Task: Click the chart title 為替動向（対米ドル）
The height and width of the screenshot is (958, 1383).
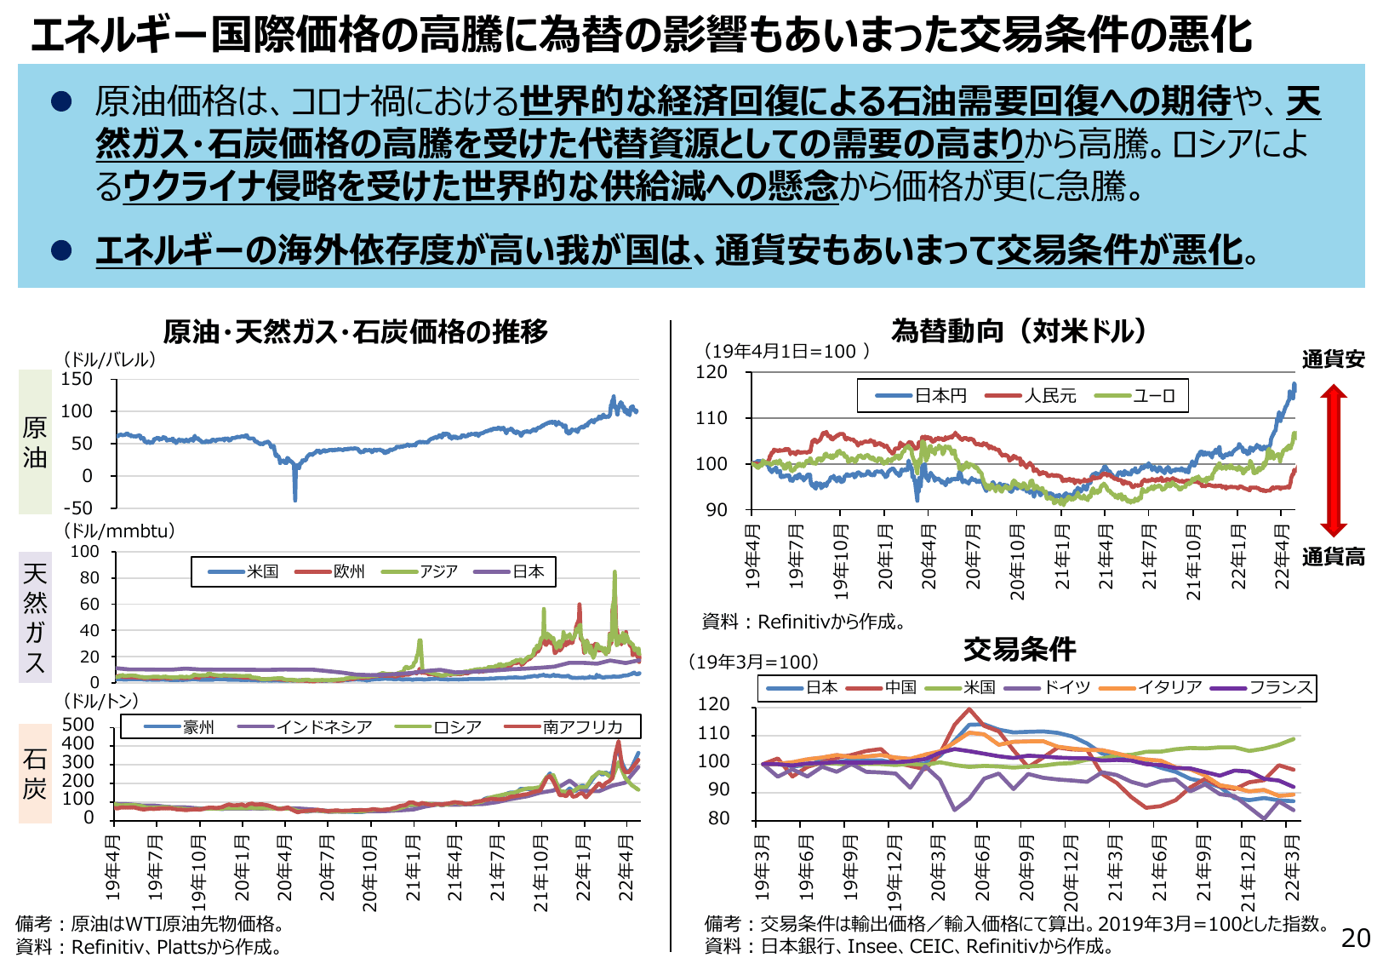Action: tap(1020, 330)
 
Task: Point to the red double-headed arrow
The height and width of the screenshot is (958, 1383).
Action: tap(1334, 459)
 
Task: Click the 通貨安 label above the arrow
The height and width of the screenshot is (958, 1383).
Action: tap(1333, 359)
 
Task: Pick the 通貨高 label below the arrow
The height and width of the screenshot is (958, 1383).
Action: tap(1333, 557)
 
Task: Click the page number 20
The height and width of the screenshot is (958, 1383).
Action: tap(1356, 938)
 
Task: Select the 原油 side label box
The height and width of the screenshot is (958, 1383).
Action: tap(35, 442)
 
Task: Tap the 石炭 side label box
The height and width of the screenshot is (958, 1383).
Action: tap(35, 773)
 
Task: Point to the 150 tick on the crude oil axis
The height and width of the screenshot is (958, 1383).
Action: tap(77, 379)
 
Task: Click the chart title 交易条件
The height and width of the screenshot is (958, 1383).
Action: tap(1020, 650)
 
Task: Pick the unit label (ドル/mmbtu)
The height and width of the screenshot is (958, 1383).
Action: tap(120, 531)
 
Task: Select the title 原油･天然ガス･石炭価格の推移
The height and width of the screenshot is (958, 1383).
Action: tap(356, 331)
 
